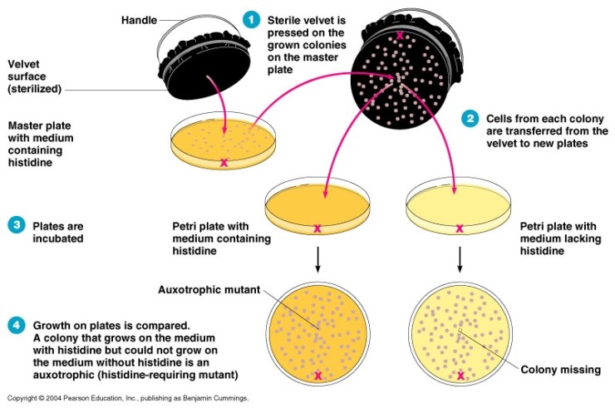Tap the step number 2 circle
(471, 118)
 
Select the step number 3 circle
(16, 224)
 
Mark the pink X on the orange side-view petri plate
(317, 228)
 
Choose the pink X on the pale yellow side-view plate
(460, 228)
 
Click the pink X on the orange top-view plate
(318, 376)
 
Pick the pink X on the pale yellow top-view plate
(460, 376)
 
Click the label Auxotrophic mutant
(209, 290)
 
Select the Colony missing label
(558, 369)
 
